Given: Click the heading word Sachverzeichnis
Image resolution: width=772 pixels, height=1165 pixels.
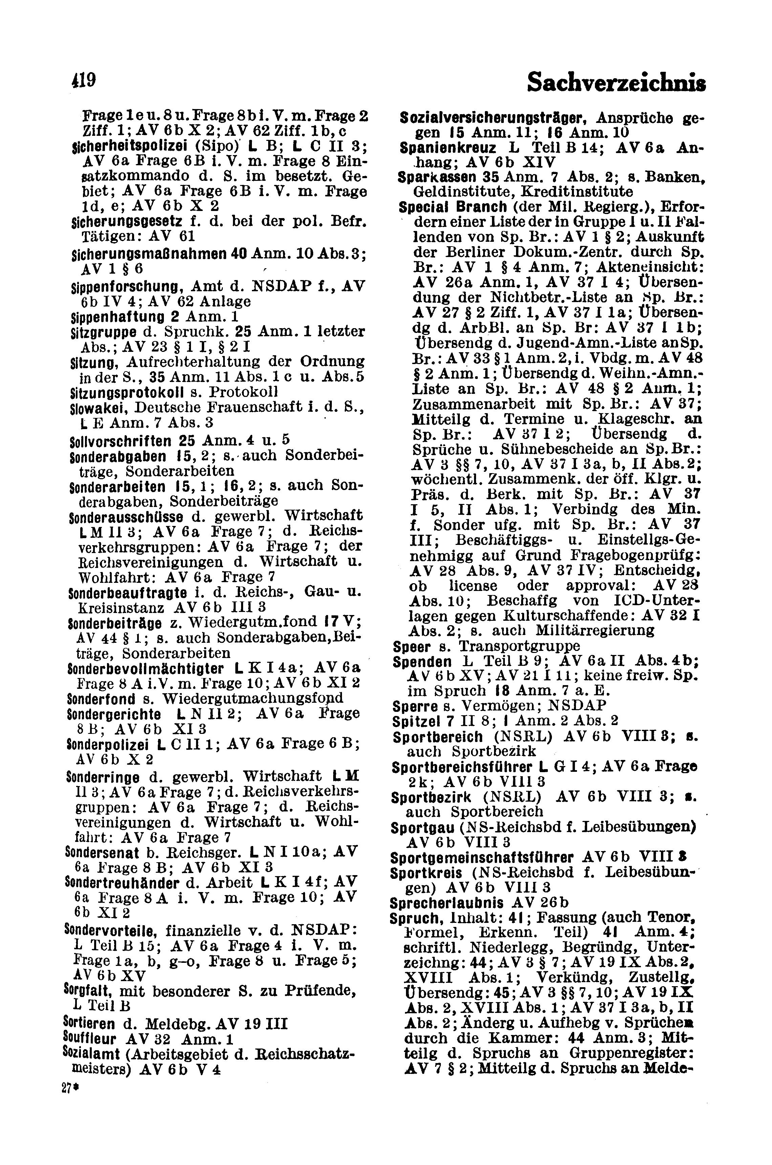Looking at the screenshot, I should pos(616,82).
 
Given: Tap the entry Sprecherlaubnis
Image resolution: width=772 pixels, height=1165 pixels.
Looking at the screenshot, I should pos(446,903).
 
